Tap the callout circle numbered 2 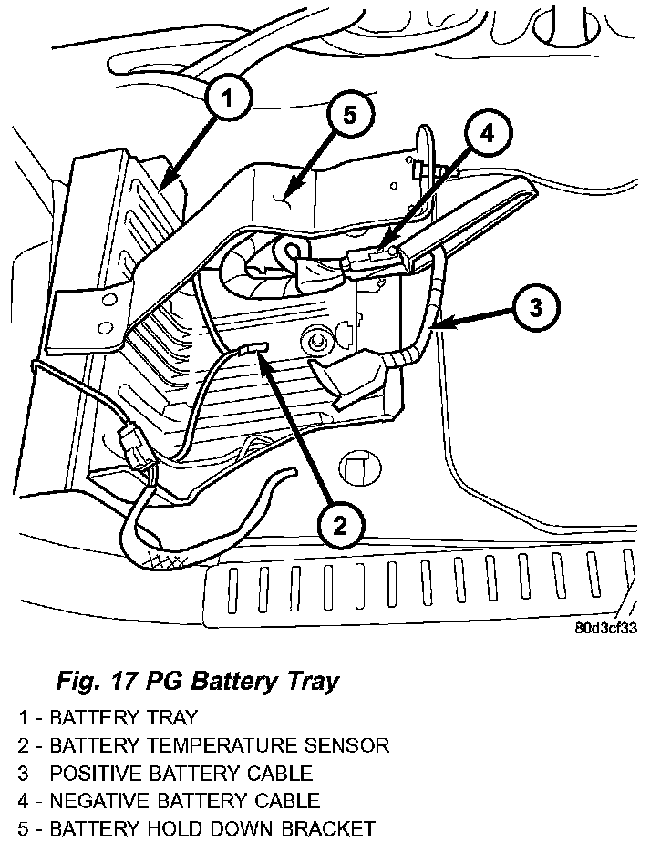(339, 525)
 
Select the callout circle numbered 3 (537, 307)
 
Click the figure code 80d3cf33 (605, 627)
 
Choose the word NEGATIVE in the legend (104, 801)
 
